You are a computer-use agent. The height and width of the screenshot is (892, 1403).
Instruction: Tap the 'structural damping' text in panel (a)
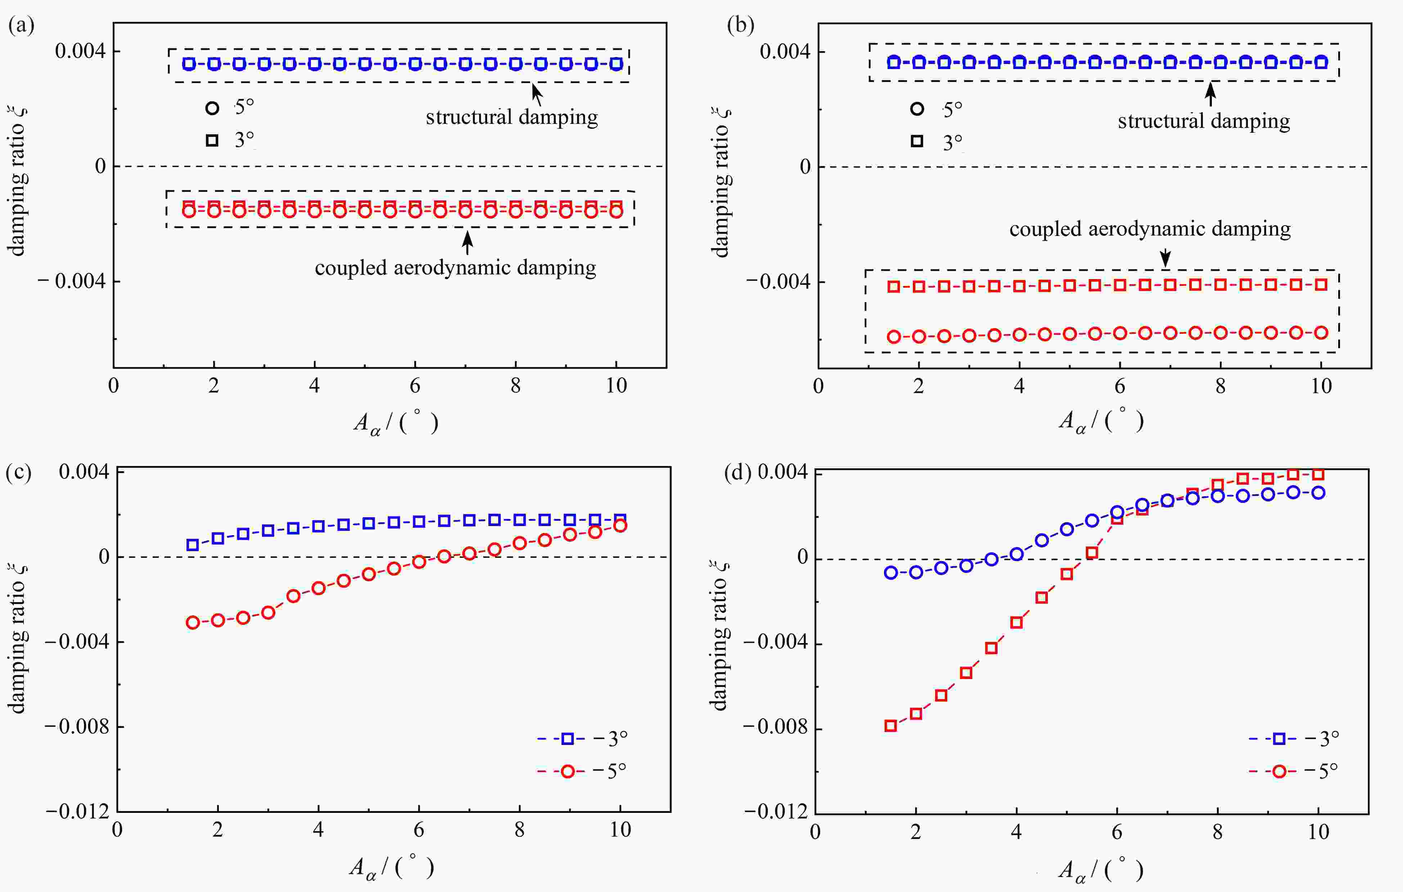pos(511,118)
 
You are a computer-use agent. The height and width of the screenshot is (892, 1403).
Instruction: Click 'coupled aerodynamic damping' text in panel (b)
pos(1150,229)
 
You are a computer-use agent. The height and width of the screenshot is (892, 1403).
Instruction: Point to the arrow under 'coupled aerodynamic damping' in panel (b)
pos(1165,258)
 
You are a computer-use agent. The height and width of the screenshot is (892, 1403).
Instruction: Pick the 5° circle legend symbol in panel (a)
pos(212,108)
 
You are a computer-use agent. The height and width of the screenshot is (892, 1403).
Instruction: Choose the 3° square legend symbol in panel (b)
pos(917,141)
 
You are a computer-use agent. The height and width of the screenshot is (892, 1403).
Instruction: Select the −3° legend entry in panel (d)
pos(1295,739)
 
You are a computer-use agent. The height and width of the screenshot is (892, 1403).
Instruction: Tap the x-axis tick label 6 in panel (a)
pos(415,386)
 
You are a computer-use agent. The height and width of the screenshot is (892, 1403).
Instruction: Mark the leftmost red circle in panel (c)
pos(193,622)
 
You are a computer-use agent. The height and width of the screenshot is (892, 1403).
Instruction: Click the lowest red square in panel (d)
pos(890,725)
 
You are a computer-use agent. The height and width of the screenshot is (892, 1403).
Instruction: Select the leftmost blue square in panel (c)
pos(193,545)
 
